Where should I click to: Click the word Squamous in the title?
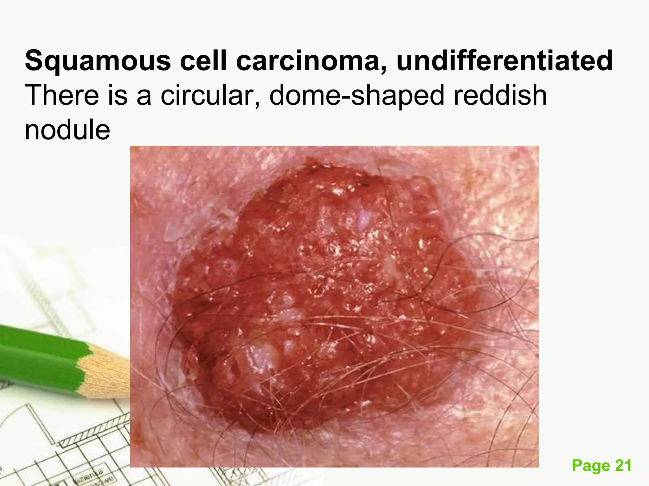(98, 61)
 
